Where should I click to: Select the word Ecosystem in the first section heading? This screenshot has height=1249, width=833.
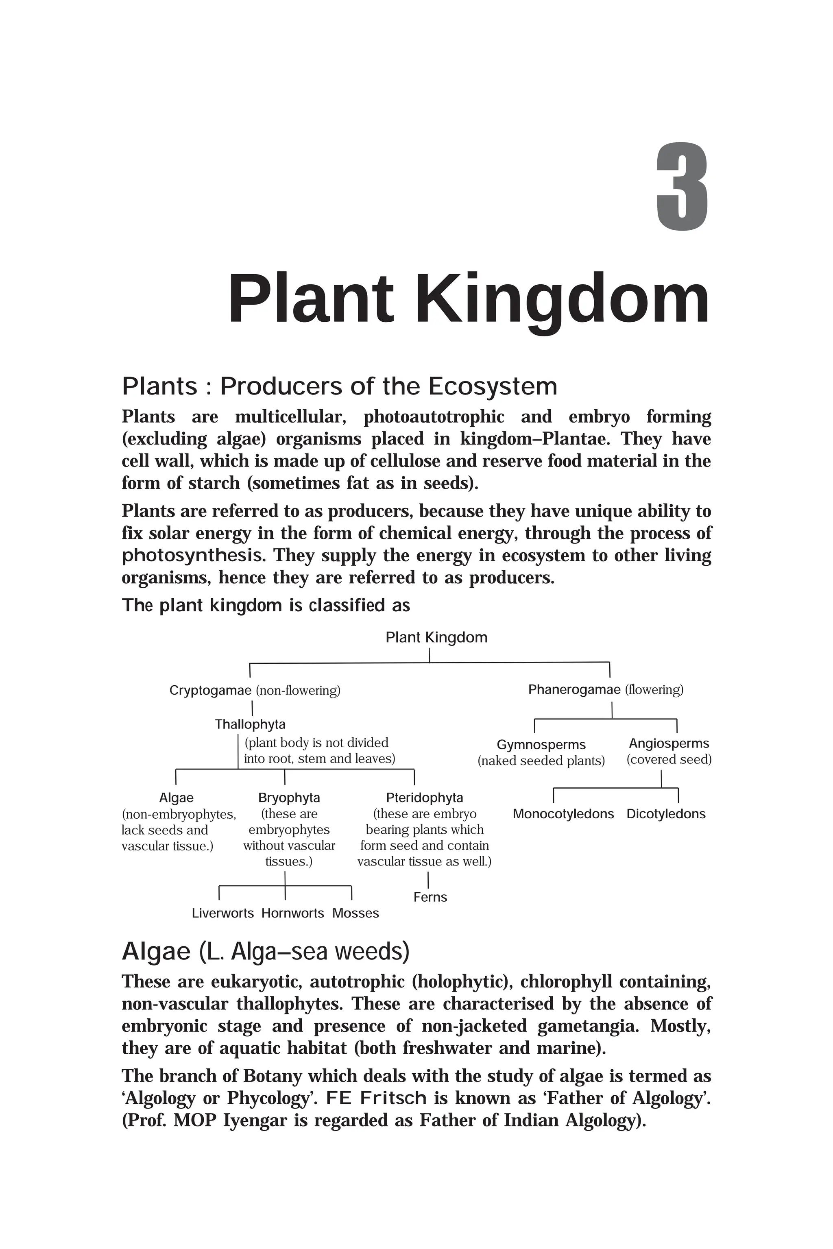(493, 386)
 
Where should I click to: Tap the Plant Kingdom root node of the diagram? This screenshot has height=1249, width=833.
(436, 638)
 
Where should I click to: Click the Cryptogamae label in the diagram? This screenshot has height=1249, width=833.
(210, 691)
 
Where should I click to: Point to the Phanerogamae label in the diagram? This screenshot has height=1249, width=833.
(574, 690)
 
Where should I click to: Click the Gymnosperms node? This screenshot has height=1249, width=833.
(541, 745)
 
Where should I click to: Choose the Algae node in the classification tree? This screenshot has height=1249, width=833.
(177, 798)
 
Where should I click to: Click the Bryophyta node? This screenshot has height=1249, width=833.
(289, 798)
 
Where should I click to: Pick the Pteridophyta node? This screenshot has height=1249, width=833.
(425, 798)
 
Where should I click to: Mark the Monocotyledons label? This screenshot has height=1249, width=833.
(563, 814)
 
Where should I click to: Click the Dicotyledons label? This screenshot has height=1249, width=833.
(666, 814)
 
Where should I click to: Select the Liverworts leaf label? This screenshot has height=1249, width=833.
(222, 913)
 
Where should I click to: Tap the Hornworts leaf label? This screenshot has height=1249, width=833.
(293, 913)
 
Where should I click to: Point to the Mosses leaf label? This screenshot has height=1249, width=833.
(355, 913)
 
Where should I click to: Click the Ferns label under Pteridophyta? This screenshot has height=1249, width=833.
(430, 897)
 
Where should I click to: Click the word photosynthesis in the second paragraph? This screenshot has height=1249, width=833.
(192, 556)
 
